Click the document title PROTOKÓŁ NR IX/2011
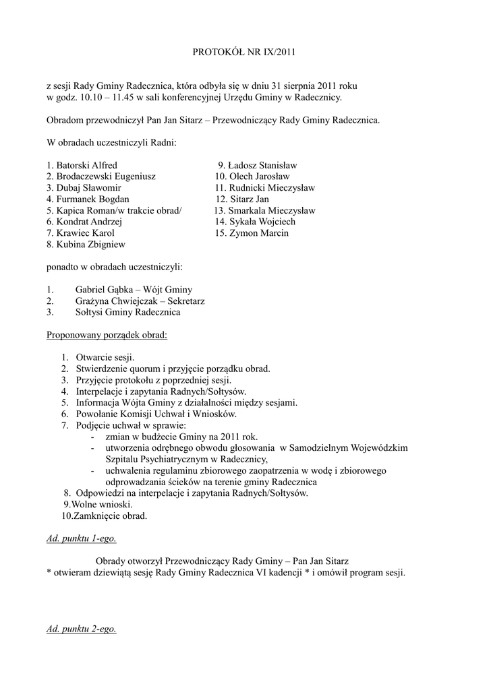click(x=244, y=51)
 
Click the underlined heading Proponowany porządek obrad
click(x=107, y=335)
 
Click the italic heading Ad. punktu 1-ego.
click(x=86, y=538)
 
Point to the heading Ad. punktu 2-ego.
click(x=82, y=629)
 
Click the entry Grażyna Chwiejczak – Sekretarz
click(x=140, y=301)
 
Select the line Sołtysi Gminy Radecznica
click(x=127, y=313)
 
